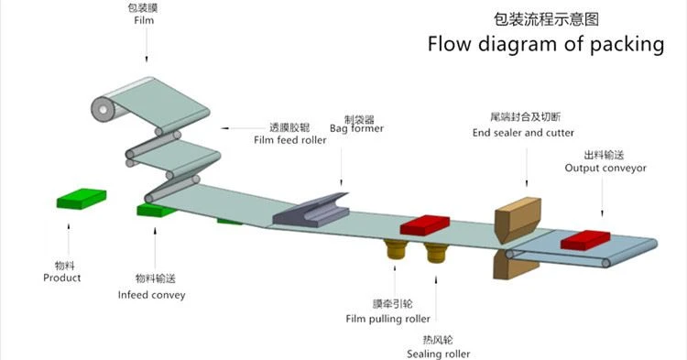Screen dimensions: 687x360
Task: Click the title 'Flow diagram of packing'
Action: (x=546, y=44)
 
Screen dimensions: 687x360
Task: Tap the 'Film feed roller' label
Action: (x=290, y=140)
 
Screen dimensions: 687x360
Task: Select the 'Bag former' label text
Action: (x=356, y=128)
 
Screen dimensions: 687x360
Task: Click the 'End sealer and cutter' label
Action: (x=523, y=133)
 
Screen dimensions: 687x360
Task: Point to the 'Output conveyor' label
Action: (x=605, y=169)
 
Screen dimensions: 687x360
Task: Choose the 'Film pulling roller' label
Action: (x=387, y=319)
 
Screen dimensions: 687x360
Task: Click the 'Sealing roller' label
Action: (x=438, y=354)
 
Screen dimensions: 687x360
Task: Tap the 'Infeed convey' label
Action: (x=151, y=295)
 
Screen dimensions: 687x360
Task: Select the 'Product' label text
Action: (x=61, y=278)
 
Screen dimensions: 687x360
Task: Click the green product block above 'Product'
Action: (x=82, y=199)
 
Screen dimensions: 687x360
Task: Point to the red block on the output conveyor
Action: (x=585, y=240)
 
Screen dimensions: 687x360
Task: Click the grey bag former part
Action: (x=311, y=211)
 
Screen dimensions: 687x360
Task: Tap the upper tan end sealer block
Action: (x=518, y=219)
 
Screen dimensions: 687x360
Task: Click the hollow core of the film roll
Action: (x=103, y=110)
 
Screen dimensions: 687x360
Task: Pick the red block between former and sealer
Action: (x=424, y=224)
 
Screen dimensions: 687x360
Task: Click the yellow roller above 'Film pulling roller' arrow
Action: (x=395, y=249)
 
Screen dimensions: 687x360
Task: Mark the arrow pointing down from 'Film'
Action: (x=147, y=45)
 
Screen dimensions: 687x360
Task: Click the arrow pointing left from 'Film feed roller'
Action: (x=242, y=128)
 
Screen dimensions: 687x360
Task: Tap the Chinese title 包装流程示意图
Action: (x=546, y=19)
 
